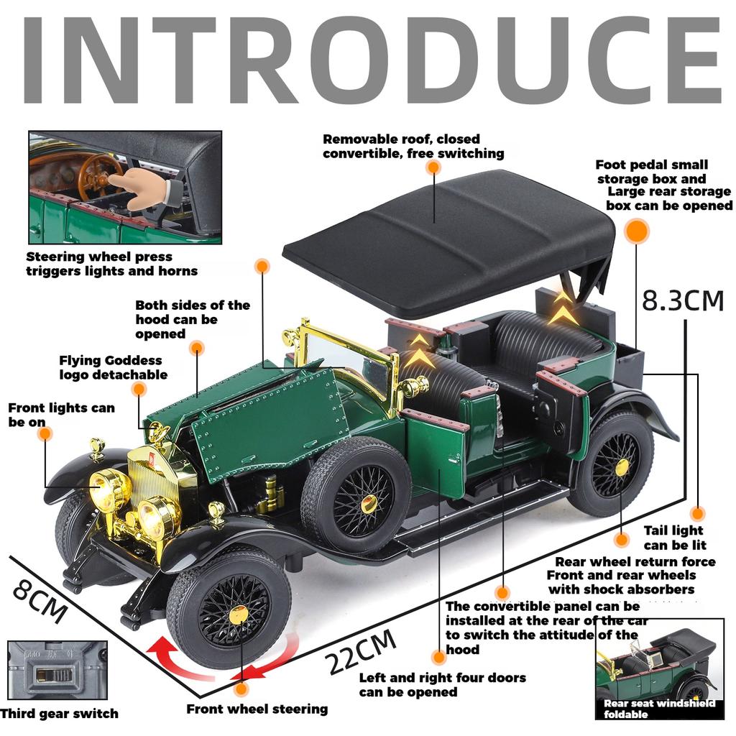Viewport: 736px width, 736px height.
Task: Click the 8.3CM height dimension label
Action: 682,300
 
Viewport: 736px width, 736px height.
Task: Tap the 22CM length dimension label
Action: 362,651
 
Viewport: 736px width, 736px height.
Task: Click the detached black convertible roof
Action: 449,241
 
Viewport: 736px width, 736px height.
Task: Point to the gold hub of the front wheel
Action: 238,615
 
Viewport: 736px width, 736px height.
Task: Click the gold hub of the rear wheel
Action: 621,466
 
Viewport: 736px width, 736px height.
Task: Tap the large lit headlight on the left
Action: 109,491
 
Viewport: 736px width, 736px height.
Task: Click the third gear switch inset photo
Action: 57,670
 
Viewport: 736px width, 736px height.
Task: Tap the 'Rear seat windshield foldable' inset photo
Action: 659,668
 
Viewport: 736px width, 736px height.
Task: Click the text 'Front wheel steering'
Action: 257,709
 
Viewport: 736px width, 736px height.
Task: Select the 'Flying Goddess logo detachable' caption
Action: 113,367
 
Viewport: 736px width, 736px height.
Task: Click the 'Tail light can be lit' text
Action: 674,538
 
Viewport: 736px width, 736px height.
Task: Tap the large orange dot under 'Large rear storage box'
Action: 636,231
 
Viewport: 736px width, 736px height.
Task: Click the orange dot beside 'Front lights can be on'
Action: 45,433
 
